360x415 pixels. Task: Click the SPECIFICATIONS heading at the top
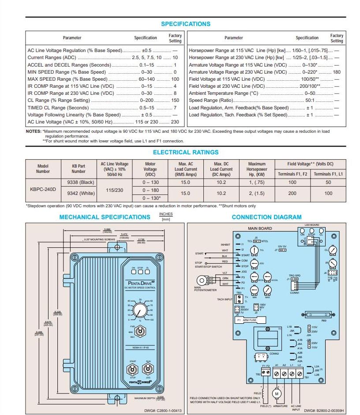[185, 24]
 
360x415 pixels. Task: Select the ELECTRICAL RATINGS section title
[185, 152]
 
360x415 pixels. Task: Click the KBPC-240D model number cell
[43, 188]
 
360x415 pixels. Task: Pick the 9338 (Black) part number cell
[81, 182]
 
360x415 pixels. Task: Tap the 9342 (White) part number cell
[81, 193]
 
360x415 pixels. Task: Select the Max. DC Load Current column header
[221, 169]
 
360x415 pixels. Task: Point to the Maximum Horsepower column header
[257, 169]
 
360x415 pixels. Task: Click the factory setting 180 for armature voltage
[337, 72]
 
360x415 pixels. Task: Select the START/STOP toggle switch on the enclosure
[133, 369]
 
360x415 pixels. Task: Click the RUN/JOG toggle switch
[148, 369]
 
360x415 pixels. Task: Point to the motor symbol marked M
[277, 393]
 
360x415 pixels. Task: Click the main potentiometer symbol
[202, 280]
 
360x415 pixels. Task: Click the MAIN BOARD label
[260, 228]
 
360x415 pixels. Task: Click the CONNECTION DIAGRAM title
[266, 217]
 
